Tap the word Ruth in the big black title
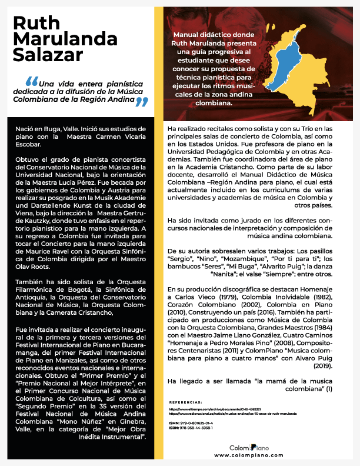click(x=36, y=23)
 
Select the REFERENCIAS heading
click(x=186, y=402)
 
